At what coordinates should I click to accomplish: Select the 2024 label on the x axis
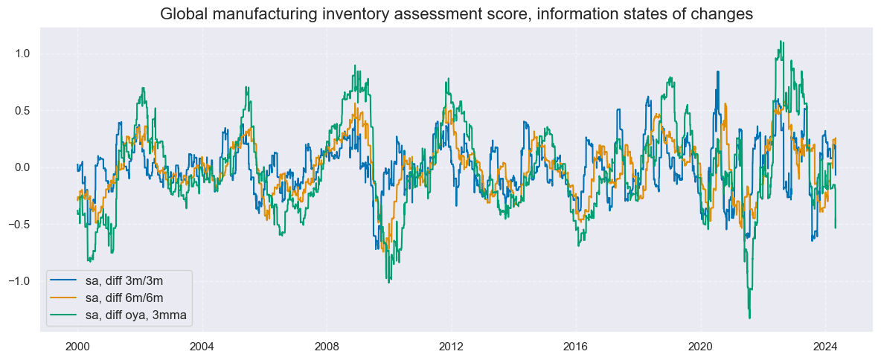[x=824, y=346]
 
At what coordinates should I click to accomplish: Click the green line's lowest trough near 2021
[x=749, y=318]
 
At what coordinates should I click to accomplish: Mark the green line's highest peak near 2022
[x=780, y=42]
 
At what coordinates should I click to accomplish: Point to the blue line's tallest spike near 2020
[x=718, y=72]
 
